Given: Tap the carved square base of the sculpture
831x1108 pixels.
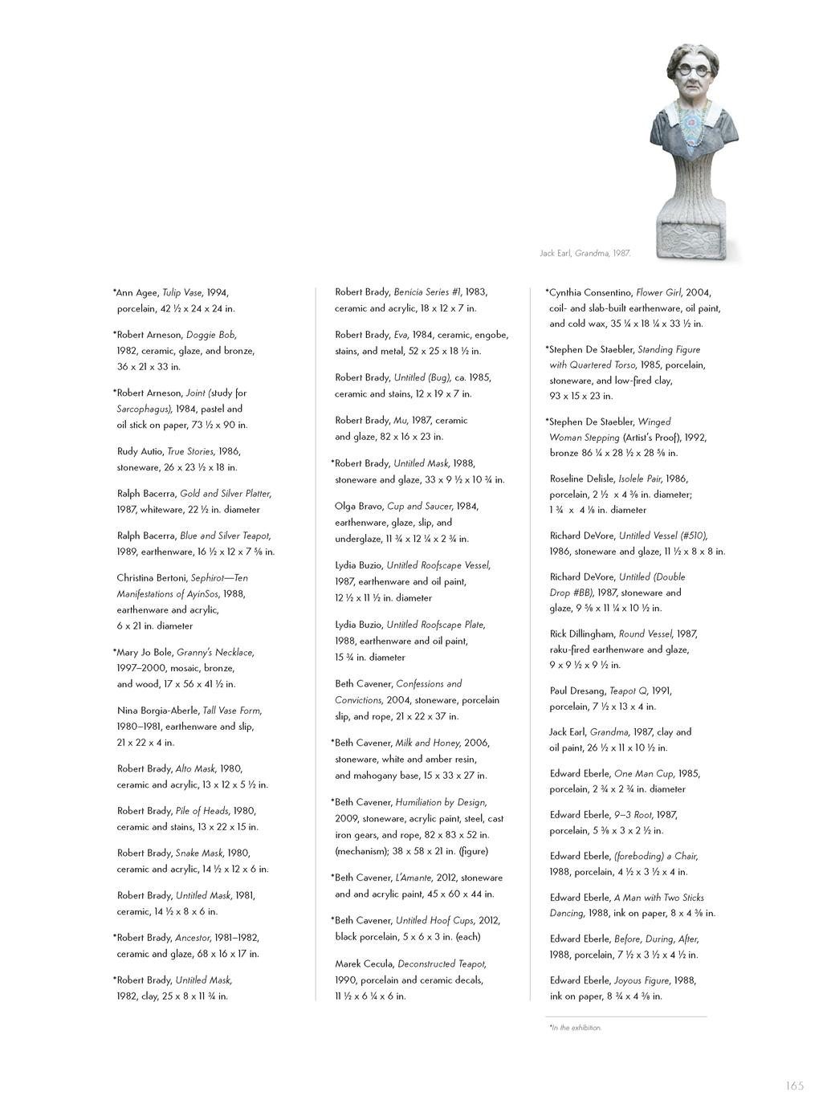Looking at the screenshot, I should pos(690,238).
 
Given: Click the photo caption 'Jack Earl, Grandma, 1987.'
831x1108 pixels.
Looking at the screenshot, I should pos(585,253).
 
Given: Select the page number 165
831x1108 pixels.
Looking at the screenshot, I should pos(794,1086).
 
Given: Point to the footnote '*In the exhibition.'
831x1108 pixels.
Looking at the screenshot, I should pos(575,1028).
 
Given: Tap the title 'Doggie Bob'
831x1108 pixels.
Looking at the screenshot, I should pos(211,335).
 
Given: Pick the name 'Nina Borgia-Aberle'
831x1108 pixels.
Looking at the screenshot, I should pos(157,711).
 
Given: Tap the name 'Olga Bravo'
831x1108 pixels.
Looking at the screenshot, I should pos(358,507).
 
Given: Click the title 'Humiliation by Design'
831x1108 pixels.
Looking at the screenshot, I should pos(441,802).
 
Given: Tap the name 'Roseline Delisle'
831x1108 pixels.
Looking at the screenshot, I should pos(582,479).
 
